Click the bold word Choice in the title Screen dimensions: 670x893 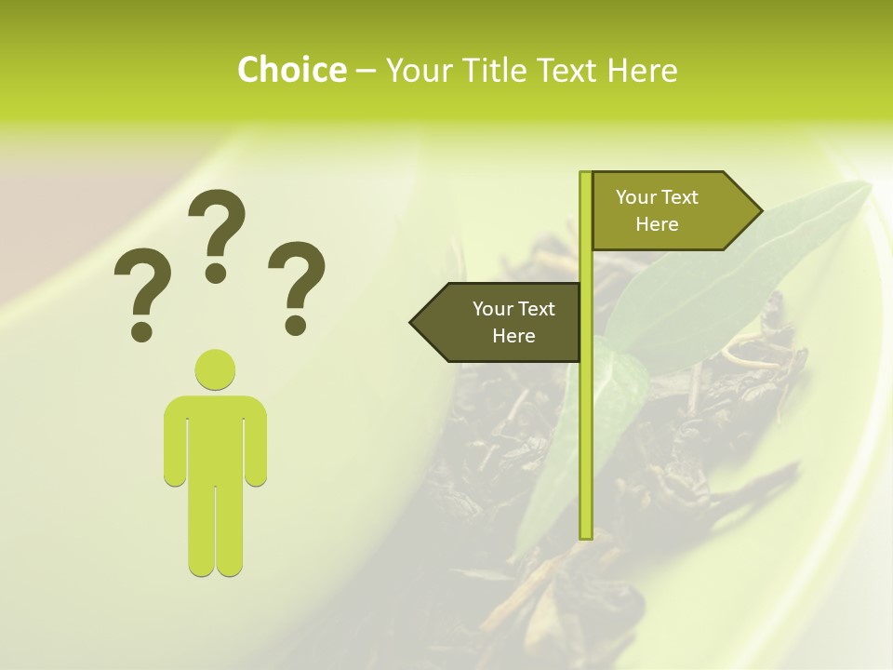click(291, 70)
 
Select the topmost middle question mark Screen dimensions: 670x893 click(217, 233)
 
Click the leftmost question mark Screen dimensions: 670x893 click(141, 293)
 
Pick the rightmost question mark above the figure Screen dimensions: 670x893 click(296, 285)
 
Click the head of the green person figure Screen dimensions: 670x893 click(215, 369)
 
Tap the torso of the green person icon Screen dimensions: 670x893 click(215, 437)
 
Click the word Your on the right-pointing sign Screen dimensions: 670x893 click(636, 197)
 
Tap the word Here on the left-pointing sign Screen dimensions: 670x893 click(513, 336)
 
